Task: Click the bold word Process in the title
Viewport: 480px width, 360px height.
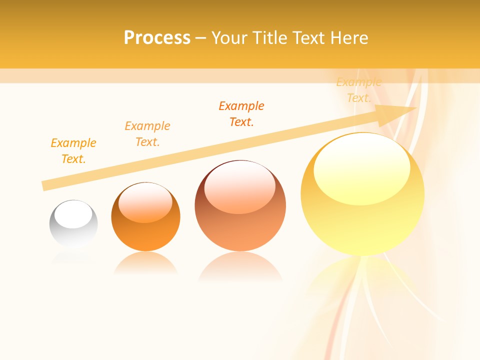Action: pyautogui.click(x=157, y=38)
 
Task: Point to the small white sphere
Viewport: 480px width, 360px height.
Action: pyautogui.click(x=73, y=223)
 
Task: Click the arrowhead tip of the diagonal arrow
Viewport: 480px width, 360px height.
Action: pyautogui.click(x=415, y=107)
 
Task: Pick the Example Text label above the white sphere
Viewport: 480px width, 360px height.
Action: pyautogui.click(x=73, y=151)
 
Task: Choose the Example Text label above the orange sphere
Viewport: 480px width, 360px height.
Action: pyautogui.click(x=147, y=134)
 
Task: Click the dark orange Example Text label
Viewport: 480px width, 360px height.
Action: pyautogui.click(x=241, y=114)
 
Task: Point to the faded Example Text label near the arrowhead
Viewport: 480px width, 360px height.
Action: pyautogui.click(x=359, y=90)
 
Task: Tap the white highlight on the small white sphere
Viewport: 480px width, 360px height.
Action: pyautogui.click(x=73, y=215)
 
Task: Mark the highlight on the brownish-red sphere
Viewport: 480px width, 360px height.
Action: pyautogui.click(x=240, y=187)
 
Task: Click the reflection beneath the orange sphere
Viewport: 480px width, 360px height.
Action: pyautogui.click(x=145, y=263)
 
